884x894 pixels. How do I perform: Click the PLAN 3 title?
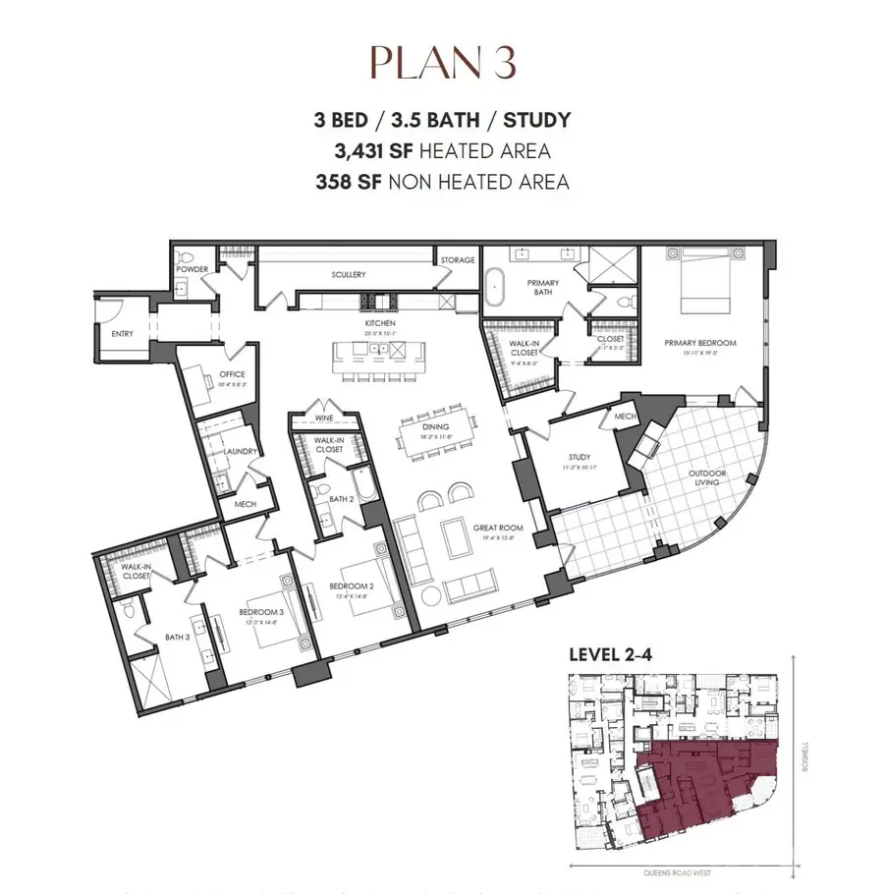(442, 62)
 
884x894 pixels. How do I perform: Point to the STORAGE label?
(458, 260)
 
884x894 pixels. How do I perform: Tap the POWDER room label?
(191, 268)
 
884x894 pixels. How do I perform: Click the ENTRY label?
(123, 334)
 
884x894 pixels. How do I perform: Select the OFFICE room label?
(232, 374)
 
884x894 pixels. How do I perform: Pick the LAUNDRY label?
(240, 452)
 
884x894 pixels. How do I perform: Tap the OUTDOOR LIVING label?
(705, 478)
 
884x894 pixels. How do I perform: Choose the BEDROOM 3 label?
(260, 611)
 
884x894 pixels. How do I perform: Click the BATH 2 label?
(341, 499)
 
